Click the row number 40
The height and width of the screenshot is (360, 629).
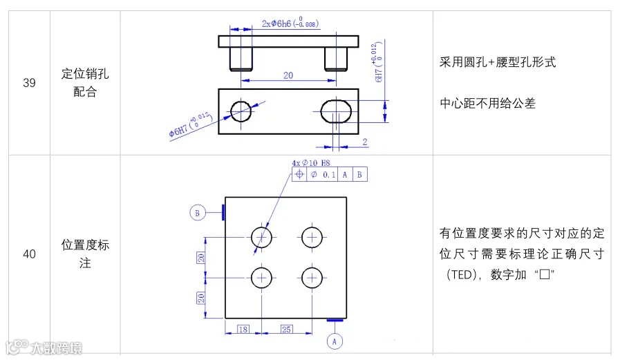30,254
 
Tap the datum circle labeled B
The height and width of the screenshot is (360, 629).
198,214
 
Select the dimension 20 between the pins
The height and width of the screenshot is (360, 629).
288,75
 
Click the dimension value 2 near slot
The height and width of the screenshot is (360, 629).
364,142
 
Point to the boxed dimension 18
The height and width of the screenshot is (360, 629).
243,329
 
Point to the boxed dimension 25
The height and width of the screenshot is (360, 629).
287,329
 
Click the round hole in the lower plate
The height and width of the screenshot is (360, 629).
242,110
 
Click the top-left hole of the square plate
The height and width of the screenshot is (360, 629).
262,237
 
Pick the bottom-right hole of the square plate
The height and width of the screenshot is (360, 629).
312,277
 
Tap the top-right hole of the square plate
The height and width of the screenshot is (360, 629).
312,237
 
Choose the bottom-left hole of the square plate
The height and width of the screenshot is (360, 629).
262,277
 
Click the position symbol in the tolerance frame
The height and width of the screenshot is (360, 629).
299,175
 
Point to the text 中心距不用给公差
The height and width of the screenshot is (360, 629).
488,104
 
